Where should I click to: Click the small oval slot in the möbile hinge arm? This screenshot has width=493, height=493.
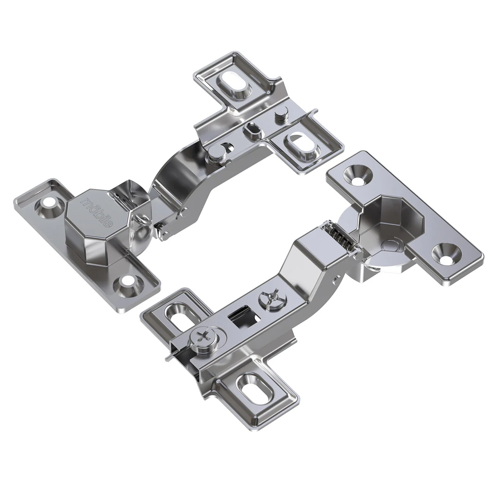pos(251,131)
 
